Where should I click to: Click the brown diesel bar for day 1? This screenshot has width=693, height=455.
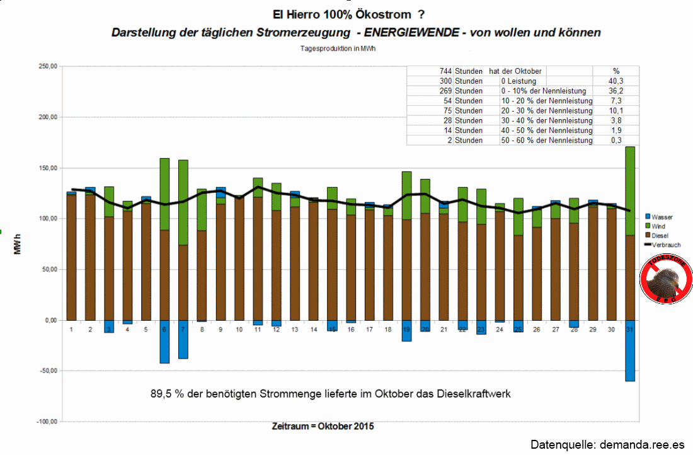point(71,258)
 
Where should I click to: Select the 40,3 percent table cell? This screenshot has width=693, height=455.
point(616,81)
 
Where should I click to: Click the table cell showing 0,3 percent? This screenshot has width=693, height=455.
point(616,141)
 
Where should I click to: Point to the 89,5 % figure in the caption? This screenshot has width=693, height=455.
point(163,394)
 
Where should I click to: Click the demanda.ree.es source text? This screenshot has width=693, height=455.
point(637,444)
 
